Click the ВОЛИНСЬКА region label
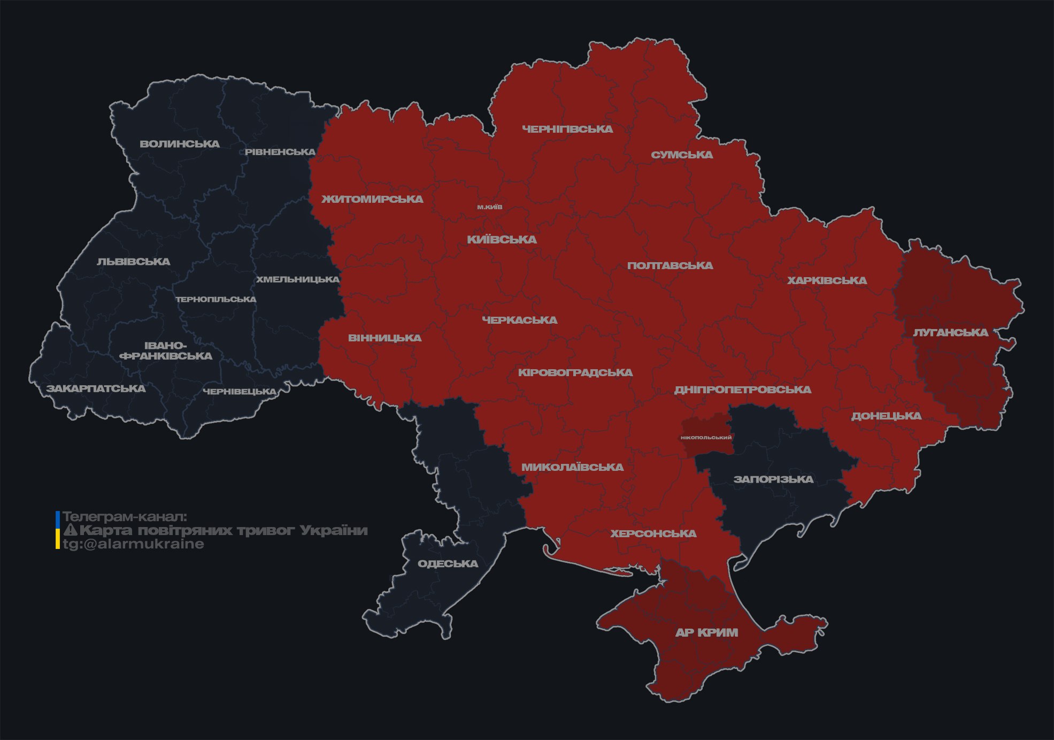pos(180,144)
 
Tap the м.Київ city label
pos(490,207)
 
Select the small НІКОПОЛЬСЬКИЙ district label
pos(706,438)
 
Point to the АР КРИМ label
pos(706,632)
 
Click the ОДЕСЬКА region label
pos(448,564)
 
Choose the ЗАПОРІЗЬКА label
pos(773,479)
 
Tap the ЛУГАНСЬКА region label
pos(950,333)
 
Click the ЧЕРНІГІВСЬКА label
pos(567,129)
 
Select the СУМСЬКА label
pos(682,155)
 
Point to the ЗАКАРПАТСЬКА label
pos(96,388)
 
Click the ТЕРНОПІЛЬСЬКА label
pos(216,300)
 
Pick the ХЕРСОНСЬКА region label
pos(653,534)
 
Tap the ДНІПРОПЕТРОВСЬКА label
pos(742,390)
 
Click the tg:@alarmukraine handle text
pos(133,544)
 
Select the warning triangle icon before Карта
pos(71,530)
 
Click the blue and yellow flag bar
pos(57,530)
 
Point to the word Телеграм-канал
pos(125,517)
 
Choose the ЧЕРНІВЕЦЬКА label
pos(240,392)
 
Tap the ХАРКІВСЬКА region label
pos(827,281)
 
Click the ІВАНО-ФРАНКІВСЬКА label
pos(166,351)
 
